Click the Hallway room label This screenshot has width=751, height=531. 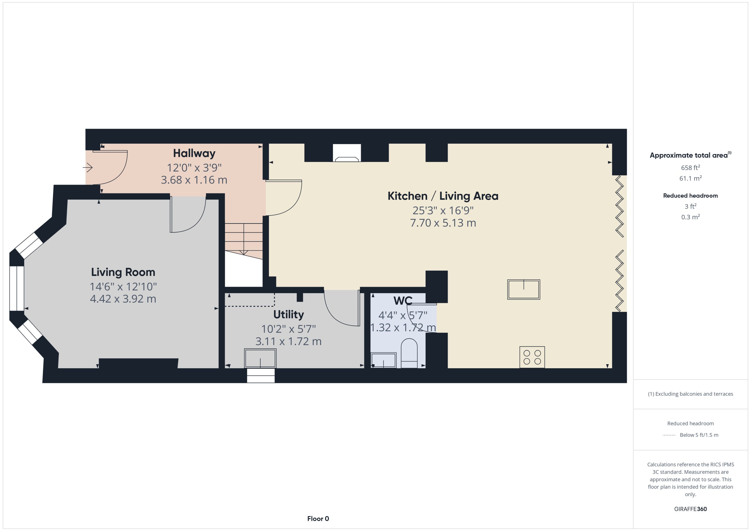(194, 153)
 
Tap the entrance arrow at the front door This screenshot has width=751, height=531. (87, 168)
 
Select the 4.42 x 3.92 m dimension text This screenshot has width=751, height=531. (123, 299)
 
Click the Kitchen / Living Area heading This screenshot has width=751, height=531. (443, 196)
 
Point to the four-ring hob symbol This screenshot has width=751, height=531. (532, 357)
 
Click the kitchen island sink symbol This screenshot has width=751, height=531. (524, 289)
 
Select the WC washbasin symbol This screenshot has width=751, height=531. (383, 360)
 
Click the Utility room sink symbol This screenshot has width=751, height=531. (260, 358)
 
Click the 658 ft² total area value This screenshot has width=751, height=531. (690, 168)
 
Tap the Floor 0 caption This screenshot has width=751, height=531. (318, 519)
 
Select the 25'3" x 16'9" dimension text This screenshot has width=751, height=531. (443, 211)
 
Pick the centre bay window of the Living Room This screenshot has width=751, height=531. (16, 288)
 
